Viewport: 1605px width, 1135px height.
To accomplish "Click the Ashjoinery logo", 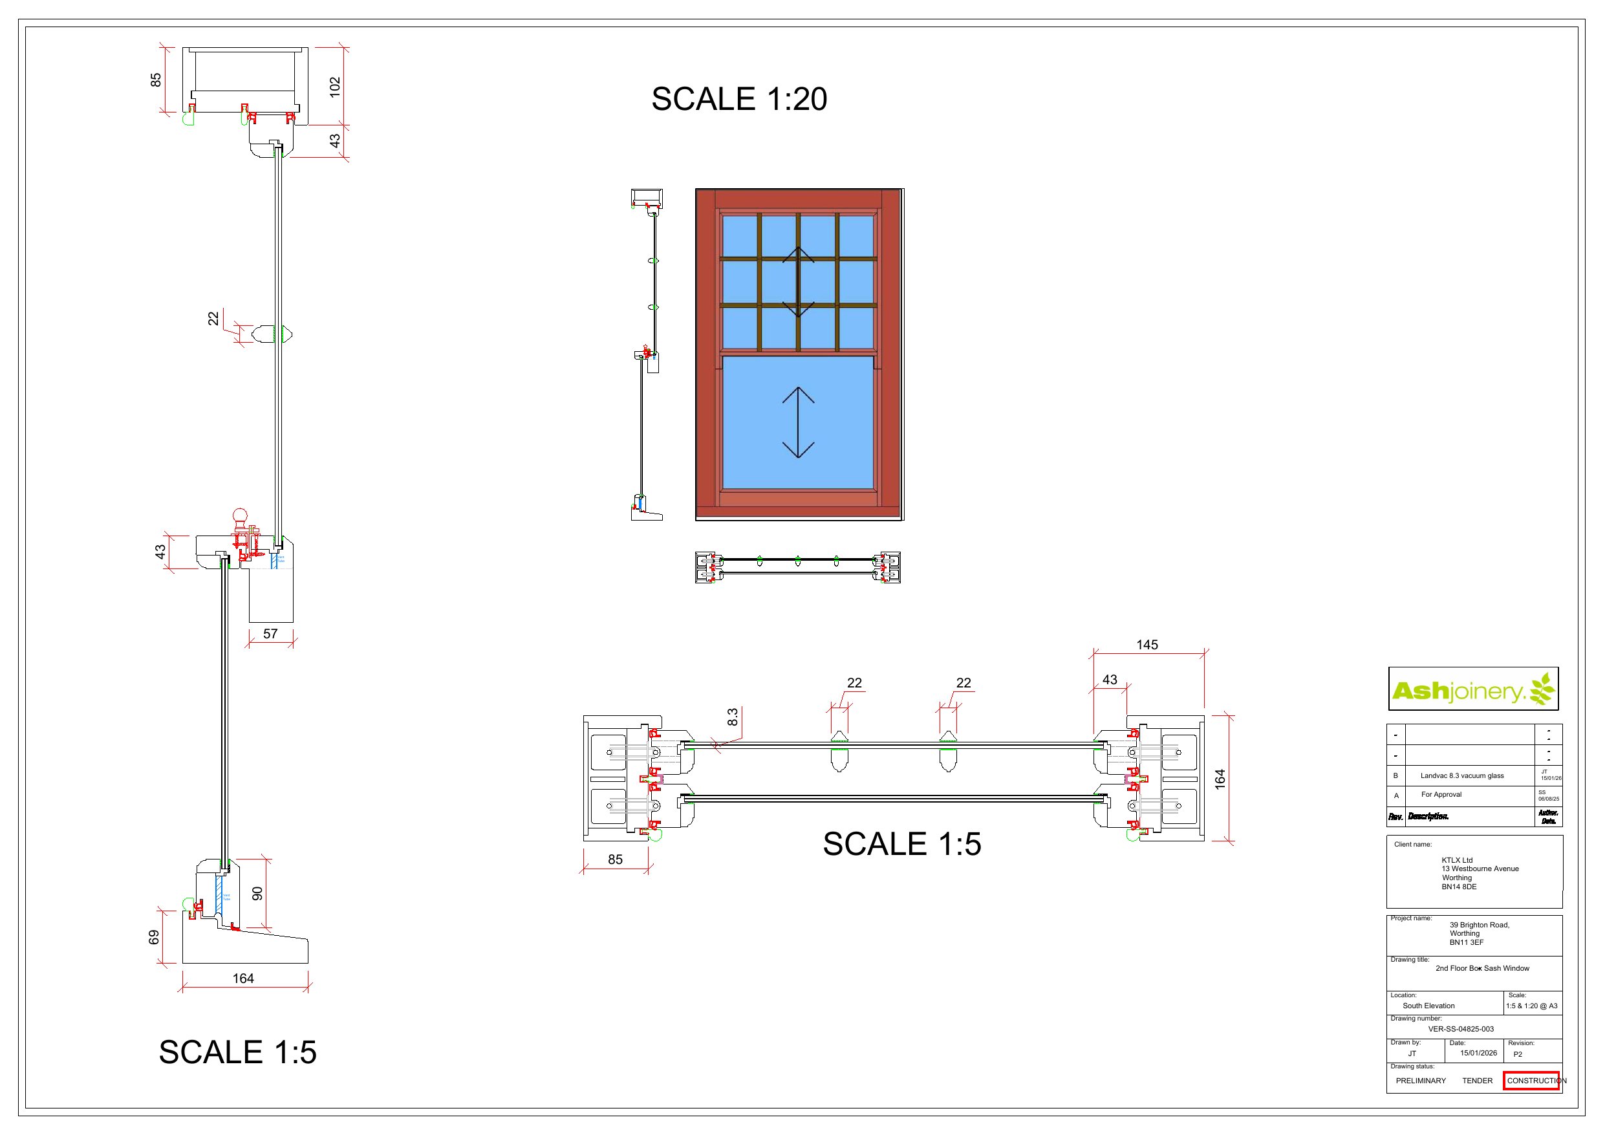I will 1473,690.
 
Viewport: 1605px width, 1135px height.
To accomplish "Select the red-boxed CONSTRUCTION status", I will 1531,1081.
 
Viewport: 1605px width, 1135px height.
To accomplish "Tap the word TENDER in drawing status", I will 1477,1081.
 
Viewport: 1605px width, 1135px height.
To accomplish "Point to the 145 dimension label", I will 1147,645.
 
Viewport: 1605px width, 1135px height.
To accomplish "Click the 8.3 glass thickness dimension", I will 732,717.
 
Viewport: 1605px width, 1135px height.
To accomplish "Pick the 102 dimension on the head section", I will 335,87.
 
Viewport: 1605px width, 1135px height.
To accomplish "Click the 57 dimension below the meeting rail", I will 270,634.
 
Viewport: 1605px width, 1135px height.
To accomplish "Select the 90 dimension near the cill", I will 257,893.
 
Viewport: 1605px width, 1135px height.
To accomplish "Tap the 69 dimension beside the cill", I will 154,937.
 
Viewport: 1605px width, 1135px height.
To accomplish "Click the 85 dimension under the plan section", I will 614,859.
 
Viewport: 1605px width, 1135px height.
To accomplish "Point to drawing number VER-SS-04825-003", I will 1460,1029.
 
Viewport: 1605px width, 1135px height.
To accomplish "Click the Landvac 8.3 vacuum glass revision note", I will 1461,775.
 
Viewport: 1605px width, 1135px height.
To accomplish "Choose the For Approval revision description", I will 1441,794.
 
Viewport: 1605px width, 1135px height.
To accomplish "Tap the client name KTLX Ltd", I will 1457,860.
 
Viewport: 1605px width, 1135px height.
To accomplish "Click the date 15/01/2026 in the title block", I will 1478,1052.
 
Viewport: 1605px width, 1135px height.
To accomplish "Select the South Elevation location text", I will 1428,1006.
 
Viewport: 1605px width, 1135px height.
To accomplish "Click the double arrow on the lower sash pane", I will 797,422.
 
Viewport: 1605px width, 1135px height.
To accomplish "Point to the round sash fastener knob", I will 240,516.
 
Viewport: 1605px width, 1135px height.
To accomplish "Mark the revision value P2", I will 1518,1054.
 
